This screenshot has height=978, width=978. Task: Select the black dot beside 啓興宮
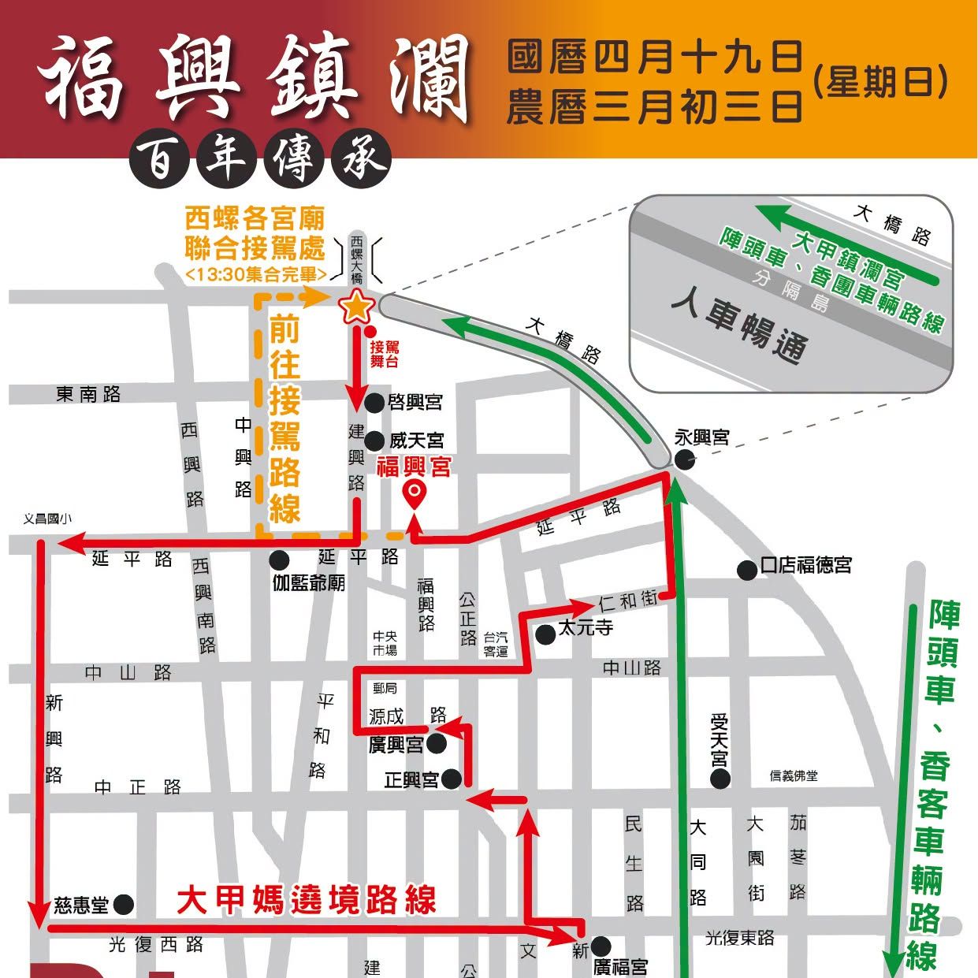click(x=375, y=403)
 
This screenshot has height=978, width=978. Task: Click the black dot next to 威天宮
click(x=375, y=441)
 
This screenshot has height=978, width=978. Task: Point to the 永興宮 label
click(x=701, y=437)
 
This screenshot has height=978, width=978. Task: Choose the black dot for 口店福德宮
click(x=747, y=570)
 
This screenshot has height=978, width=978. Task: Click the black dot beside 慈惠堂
click(x=123, y=904)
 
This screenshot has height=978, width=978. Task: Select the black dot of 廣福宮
click(x=601, y=946)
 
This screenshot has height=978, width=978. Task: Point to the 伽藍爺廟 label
click(x=309, y=583)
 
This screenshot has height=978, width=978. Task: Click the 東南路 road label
click(x=88, y=394)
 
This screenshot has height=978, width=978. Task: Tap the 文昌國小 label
click(x=47, y=519)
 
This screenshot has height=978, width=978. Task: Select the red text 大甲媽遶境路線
click(x=307, y=900)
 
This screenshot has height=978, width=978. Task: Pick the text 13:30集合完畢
click(x=256, y=274)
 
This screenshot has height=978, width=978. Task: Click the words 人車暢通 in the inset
click(x=740, y=327)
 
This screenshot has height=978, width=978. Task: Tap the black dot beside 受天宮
click(x=720, y=779)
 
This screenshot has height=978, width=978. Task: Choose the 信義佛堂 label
click(x=794, y=776)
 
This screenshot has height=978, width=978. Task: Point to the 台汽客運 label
click(x=496, y=644)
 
